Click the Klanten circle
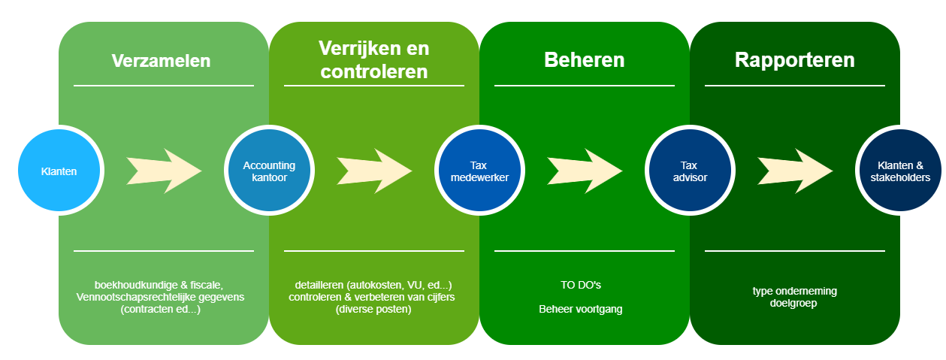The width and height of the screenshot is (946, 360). (x=59, y=171)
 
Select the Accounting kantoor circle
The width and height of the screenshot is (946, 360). (x=269, y=171)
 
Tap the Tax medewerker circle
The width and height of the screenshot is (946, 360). (x=479, y=171)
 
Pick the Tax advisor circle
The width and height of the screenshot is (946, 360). (x=690, y=171)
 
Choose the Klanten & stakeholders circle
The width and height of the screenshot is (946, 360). (x=900, y=171)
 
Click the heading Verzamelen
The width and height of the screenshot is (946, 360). (x=162, y=61)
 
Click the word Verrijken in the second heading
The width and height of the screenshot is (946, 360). (x=355, y=48)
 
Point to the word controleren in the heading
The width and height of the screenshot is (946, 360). (x=374, y=71)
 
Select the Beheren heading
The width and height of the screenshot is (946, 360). (x=584, y=60)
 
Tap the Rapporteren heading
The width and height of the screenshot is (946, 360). (x=795, y=60)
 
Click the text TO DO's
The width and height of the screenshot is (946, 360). (x=581, y=285)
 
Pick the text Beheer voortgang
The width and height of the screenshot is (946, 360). (x=581, y=309)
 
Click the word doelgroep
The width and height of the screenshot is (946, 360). (x=793, y=304)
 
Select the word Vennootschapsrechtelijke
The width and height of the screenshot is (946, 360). (x=136, y=297)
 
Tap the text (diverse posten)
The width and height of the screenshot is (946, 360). (x=373, y=310)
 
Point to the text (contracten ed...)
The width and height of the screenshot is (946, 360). (x=161, y=310)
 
